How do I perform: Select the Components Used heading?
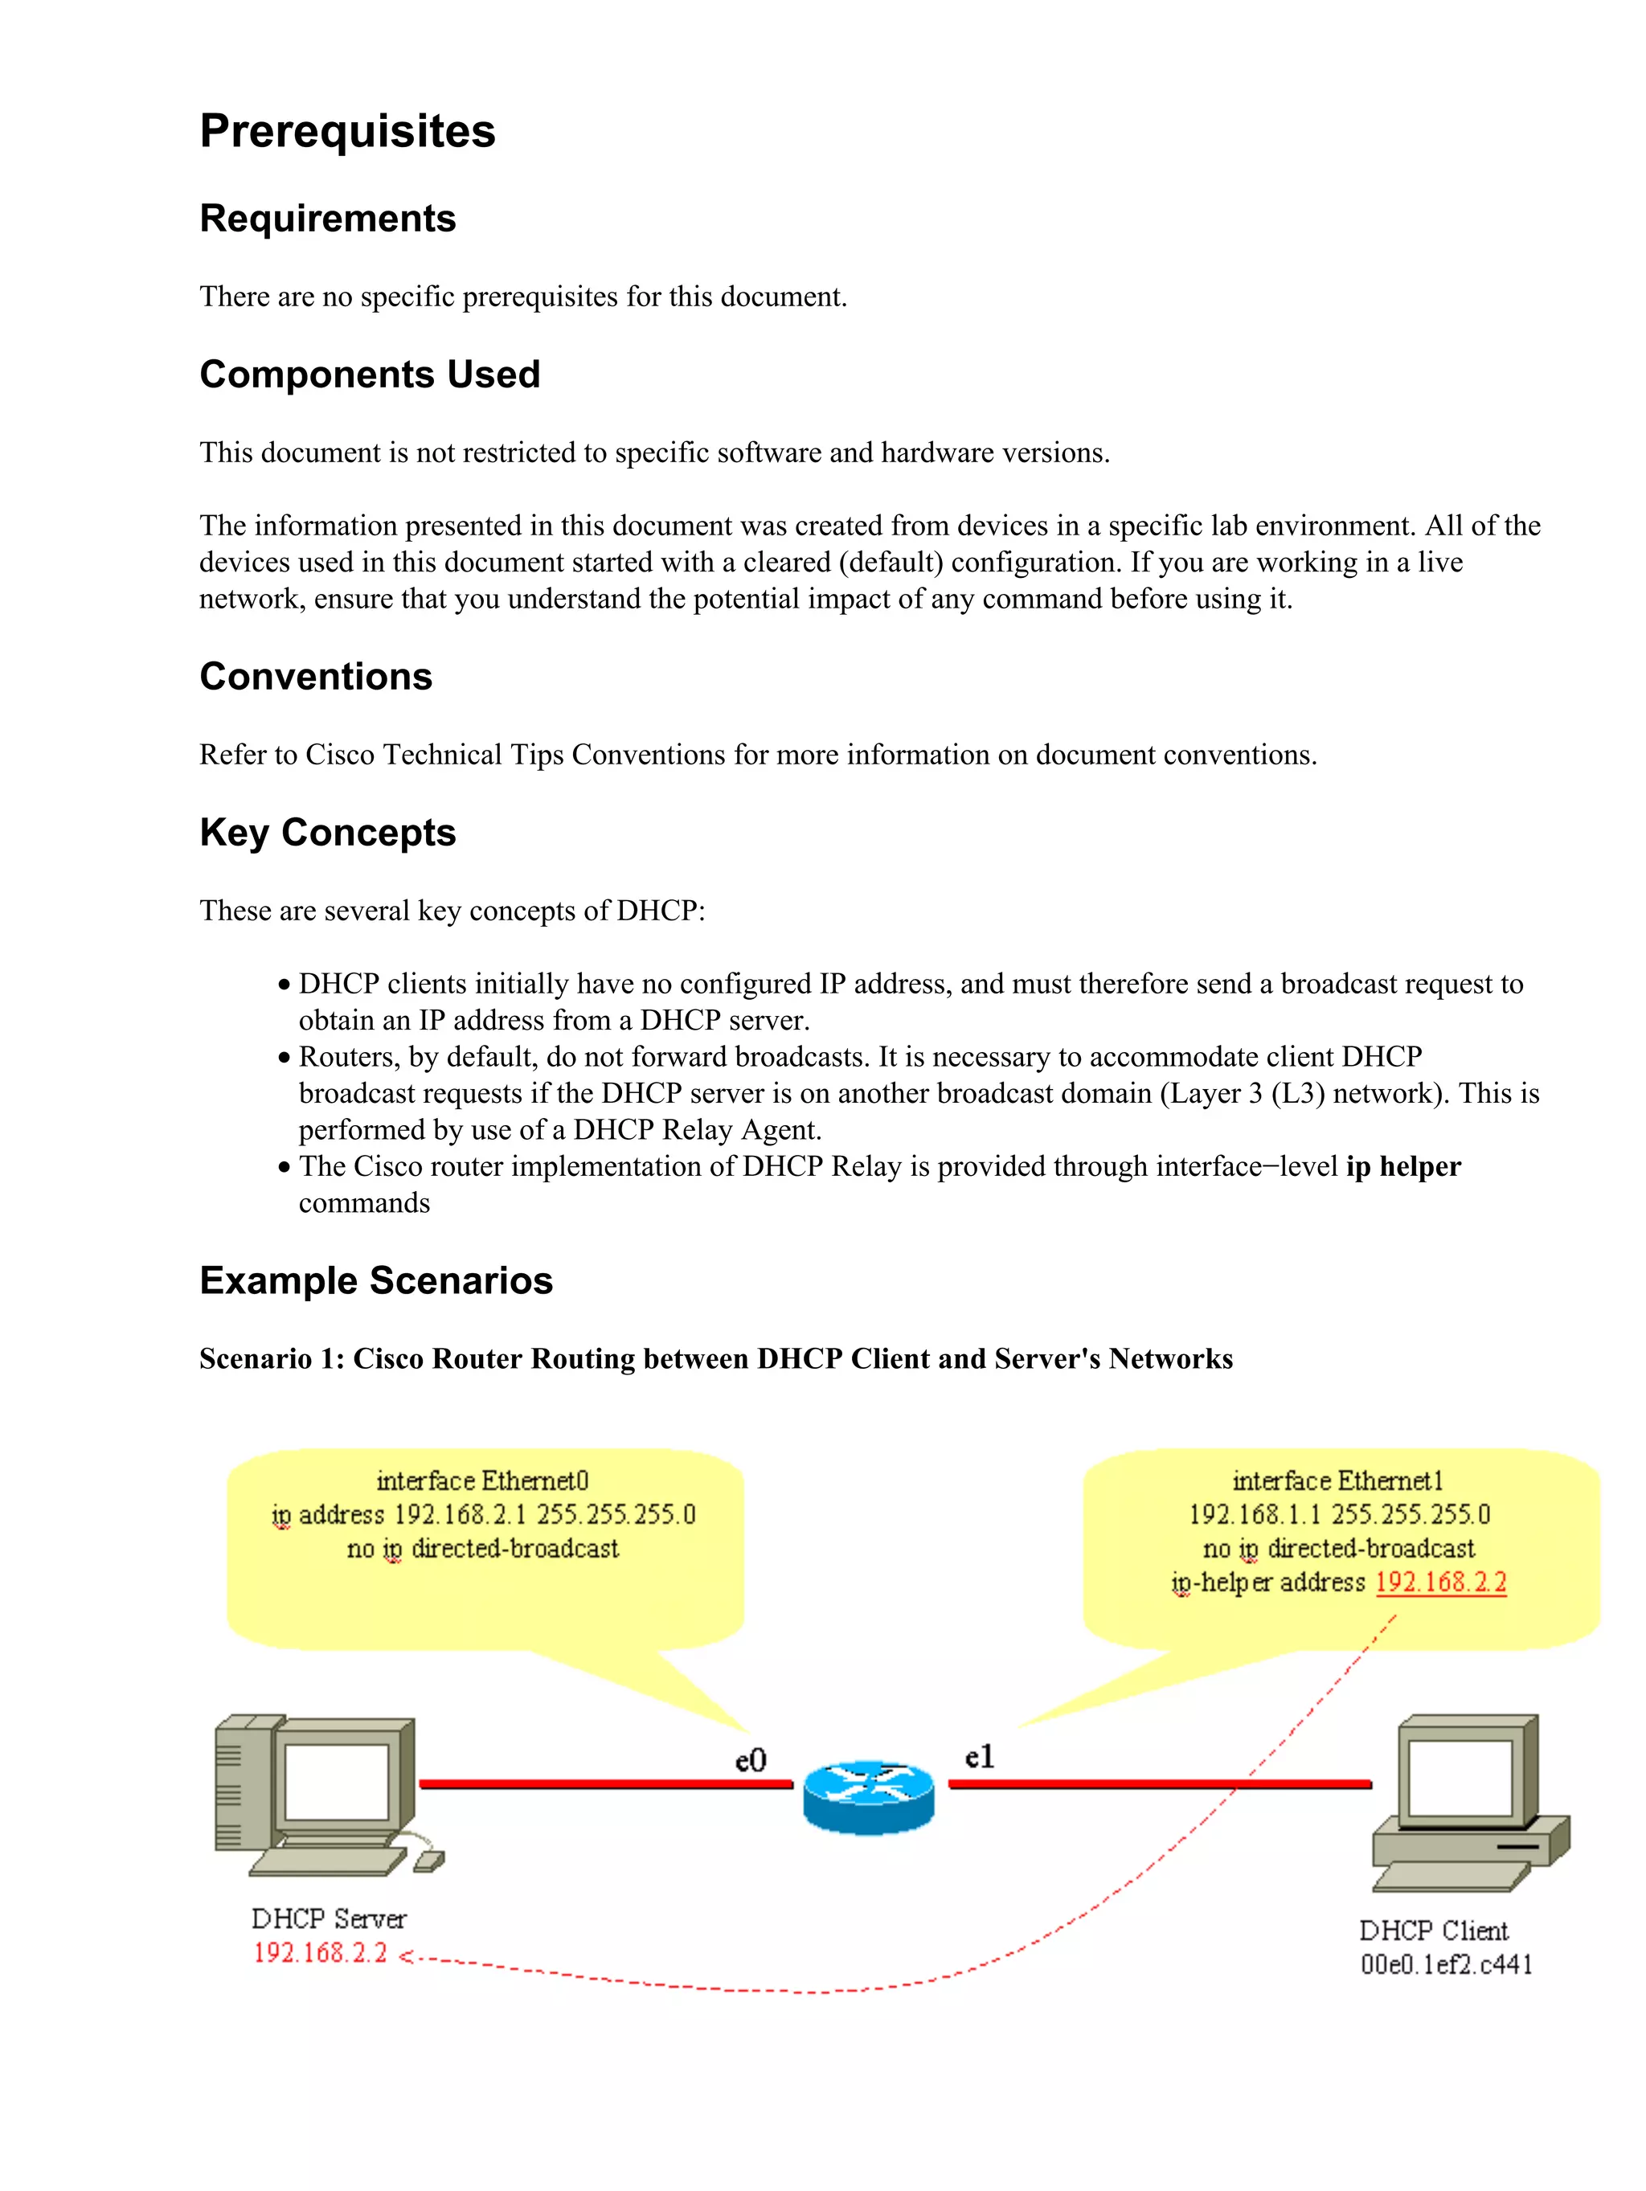pyautogui.click(x=370, y=375)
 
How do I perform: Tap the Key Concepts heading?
pyautogui.click(x=327, y=833)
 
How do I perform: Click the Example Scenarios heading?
pyautogui.click(x=375, y=1280)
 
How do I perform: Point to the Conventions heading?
pyautogui.click(x=315, y=677)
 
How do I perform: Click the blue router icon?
pyautogui.click(x=867, y=1795)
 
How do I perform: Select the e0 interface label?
pyautogui.click(x=751, y=1760)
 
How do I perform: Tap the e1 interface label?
pyautogui.click(x=978, y=1757)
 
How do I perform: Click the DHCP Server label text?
pyautogui.click(x=329, y=1919)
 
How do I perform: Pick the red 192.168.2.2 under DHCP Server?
pyautogui.click(x=320, y=1952)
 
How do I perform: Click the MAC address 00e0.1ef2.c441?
pyautogui.click(x=1446, y=1964)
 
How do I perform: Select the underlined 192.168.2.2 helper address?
pyautogui.click(x=1440, y=1582)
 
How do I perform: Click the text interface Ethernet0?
pyautogui.click(x=482, y=1480)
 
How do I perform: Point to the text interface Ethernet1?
pyautogui.click(x=1337, y=1480)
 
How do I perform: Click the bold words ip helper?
pyautogui.click(x=1402, y=1167)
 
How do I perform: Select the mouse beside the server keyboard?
pyautogui.click(x=429, y=1861)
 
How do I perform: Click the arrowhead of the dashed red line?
pyautogui.click(x=406, y=1956)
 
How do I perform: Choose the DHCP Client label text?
pyautogui.click(x=1433, y=1931)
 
